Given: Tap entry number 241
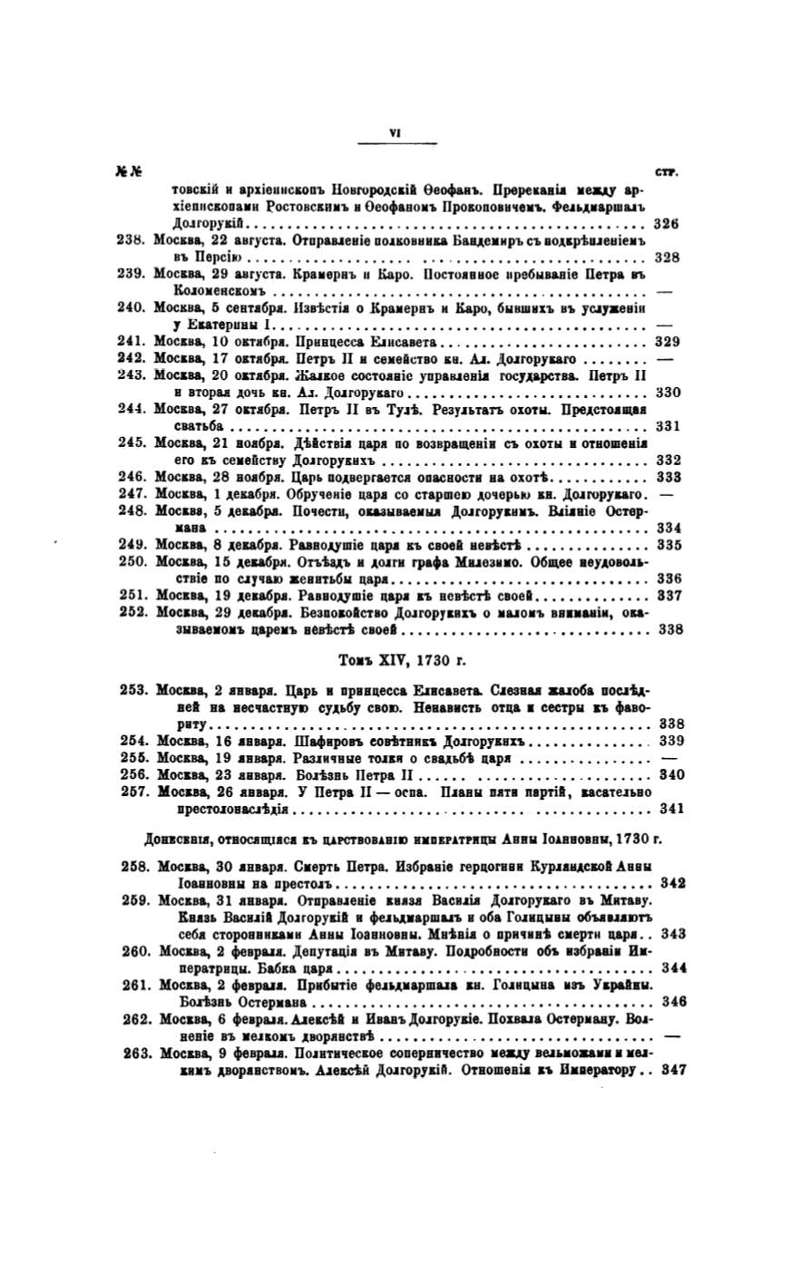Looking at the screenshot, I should (132, 343).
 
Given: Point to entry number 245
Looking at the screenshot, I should (132, 444).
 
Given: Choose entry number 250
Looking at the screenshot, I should (134, 562).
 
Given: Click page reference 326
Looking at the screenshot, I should (667, 223).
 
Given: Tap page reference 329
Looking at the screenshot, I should (668, 343).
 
